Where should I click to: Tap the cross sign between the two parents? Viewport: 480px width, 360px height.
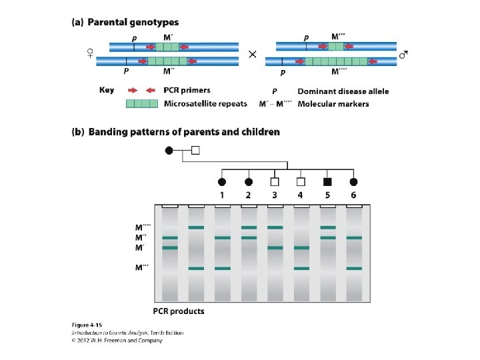pos(253,55)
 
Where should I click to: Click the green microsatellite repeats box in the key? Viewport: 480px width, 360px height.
pos(142,103)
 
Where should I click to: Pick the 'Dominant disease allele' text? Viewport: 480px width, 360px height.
pos(343,91)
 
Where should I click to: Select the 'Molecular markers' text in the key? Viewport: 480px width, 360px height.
pos(333,104)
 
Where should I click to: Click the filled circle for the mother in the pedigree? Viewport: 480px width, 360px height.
pos(169,151)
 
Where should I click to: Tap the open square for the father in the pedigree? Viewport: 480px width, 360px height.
pos(195,151)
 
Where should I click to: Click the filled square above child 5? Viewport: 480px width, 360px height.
pos(327,181)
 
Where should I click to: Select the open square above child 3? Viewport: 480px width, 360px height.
pos(274,181)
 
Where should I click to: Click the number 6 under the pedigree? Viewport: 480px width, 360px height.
pos(353,195)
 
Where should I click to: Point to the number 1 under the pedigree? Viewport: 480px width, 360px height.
pos(221,195)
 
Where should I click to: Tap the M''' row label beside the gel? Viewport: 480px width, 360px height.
pos(142,269)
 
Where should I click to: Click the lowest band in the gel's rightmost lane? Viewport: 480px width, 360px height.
pos(353,269)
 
